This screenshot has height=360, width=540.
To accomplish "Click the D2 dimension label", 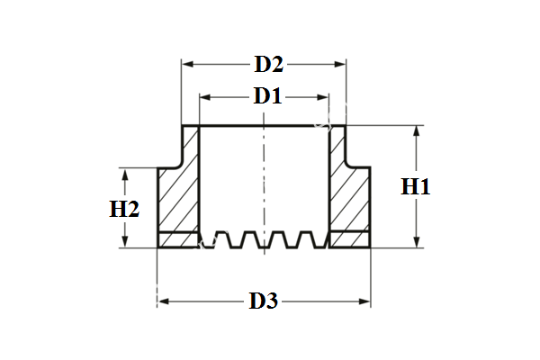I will [268, 65].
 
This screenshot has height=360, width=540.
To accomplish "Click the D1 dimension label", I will [266, 95].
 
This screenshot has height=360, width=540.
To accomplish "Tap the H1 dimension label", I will [416, 187].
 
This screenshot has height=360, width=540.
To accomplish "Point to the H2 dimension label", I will [124, 210].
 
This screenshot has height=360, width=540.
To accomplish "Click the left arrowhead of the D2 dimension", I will [187, 65].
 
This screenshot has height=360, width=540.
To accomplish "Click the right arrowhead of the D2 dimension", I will [341, 65].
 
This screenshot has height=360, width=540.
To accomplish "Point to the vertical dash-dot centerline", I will [263, 180].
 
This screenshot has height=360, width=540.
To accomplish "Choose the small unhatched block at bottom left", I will [178, 240].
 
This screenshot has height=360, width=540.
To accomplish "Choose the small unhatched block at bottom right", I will [350, 240].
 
